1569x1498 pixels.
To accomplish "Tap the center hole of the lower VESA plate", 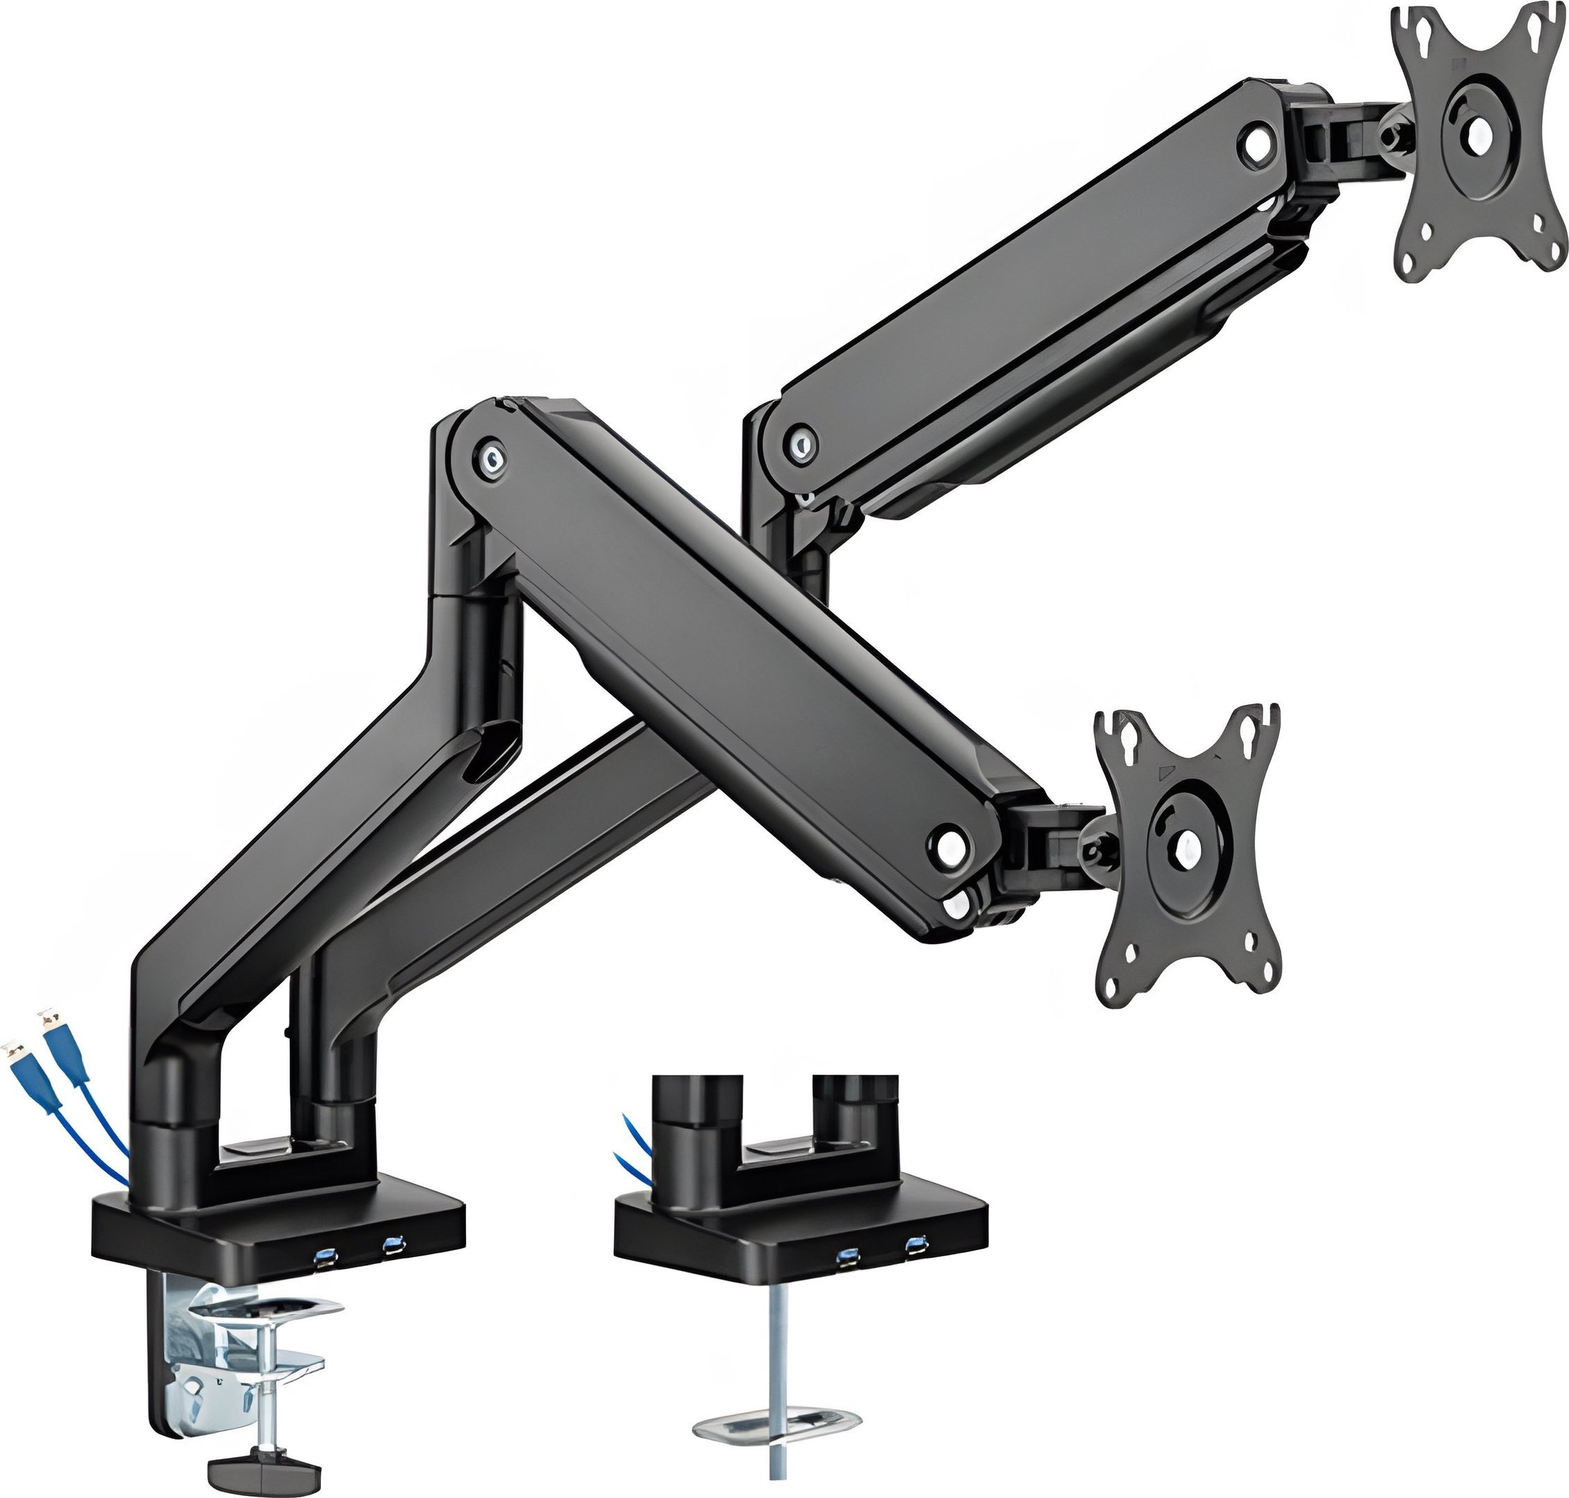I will click(1184, 842).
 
